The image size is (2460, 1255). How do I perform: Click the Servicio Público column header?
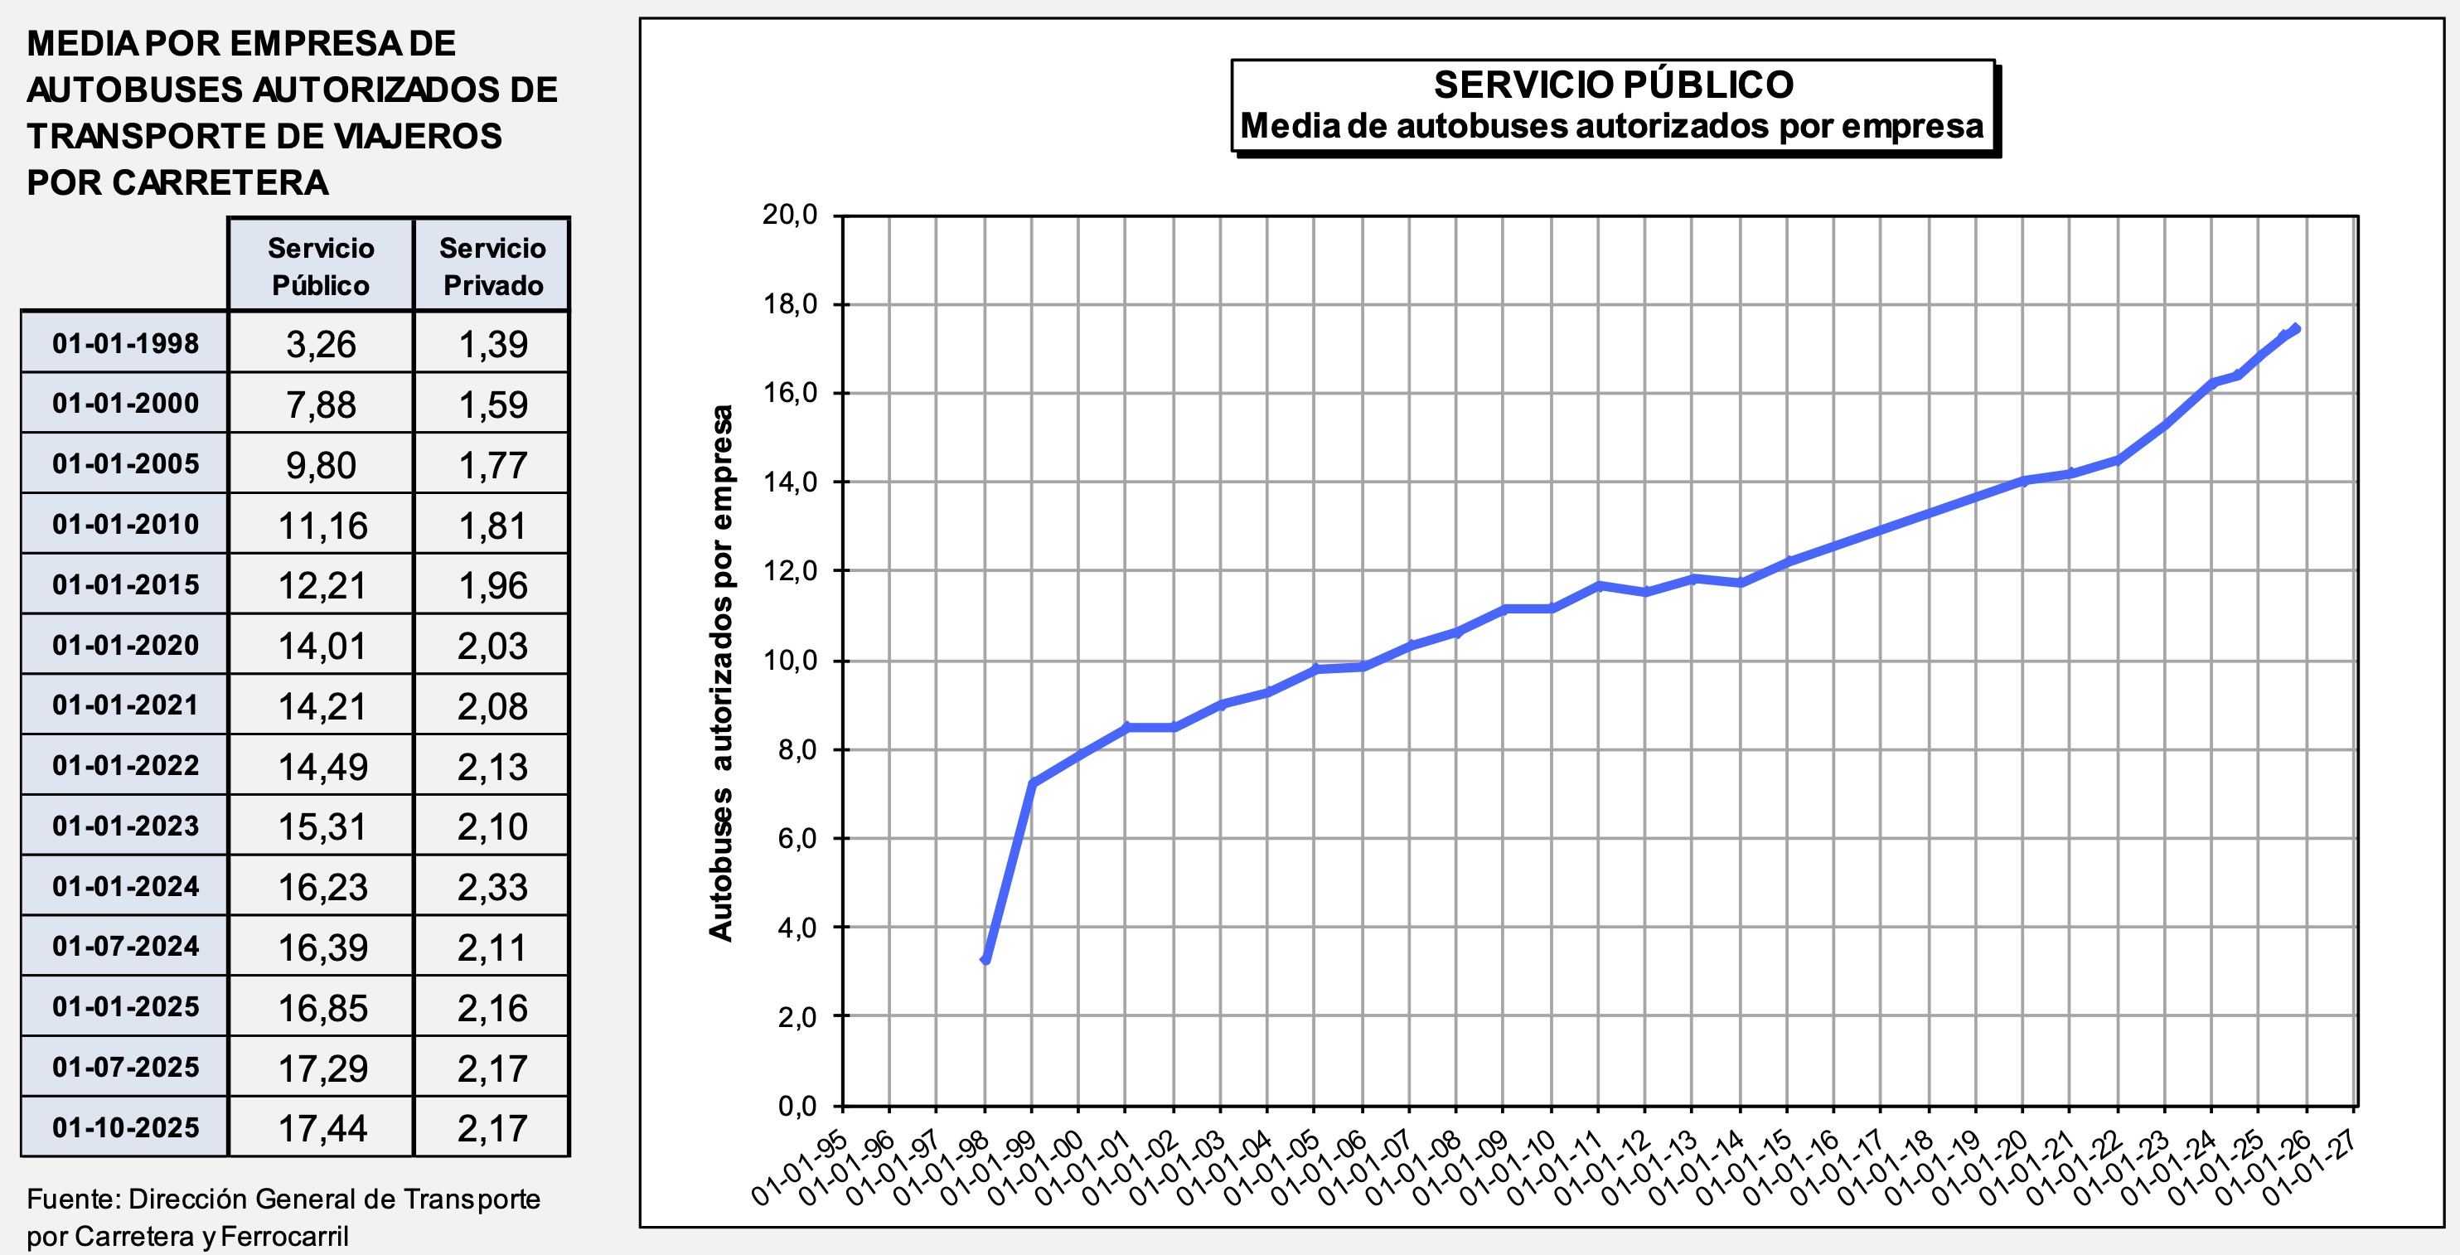tap(320, 265)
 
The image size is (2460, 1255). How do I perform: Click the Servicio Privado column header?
tap(492, 265)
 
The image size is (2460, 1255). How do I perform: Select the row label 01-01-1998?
tap(125, 343)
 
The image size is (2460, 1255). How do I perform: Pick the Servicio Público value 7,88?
tap(321, 404)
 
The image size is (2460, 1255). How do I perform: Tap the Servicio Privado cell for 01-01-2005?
tap(492, 464)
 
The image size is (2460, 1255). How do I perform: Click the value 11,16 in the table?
tap(322, 526)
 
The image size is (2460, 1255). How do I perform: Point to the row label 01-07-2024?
tap(125, 946)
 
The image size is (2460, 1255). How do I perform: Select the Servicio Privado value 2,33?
tap(492, 886)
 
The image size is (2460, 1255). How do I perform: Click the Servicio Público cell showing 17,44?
tap(322, 1128)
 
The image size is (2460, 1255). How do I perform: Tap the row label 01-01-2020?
tap(125, 645)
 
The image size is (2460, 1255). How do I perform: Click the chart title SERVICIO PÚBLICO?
tap(1613, 85)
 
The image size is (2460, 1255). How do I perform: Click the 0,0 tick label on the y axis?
tap(797, 1106)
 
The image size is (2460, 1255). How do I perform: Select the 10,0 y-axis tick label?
tap(790, 660)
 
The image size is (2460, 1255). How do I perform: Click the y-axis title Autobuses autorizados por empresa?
tap(722, 672)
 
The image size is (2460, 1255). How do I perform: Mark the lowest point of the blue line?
tap(985, 959)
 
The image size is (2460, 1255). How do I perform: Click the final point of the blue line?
tap(2295, 328)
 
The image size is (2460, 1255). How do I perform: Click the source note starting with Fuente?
tap(283, 1217)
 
